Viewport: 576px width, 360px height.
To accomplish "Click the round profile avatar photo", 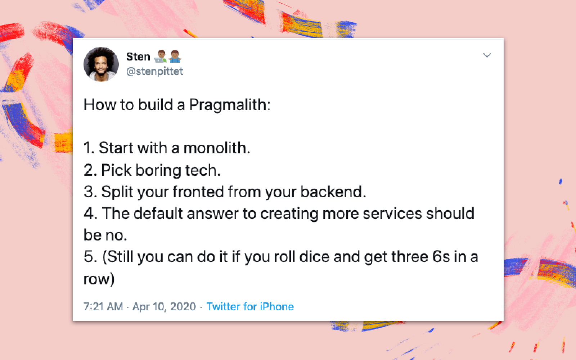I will [101, 64].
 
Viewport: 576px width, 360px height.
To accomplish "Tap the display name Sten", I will [138, 57].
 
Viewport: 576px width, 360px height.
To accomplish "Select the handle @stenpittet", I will [154, 71].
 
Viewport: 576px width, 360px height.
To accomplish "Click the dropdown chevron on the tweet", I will [487, 55].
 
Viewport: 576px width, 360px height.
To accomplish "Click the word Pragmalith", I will [229, 105].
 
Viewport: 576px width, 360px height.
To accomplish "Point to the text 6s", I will [441, 257].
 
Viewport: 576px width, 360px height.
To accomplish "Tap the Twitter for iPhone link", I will [250, 307].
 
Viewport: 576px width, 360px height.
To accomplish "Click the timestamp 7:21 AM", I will [103, 307].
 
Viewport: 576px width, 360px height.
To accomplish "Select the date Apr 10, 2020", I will [164, 307].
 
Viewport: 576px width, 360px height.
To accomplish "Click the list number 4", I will [89, 213].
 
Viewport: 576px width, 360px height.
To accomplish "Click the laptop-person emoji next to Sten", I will [161, 57].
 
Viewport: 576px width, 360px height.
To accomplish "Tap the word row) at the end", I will [99, 279].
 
